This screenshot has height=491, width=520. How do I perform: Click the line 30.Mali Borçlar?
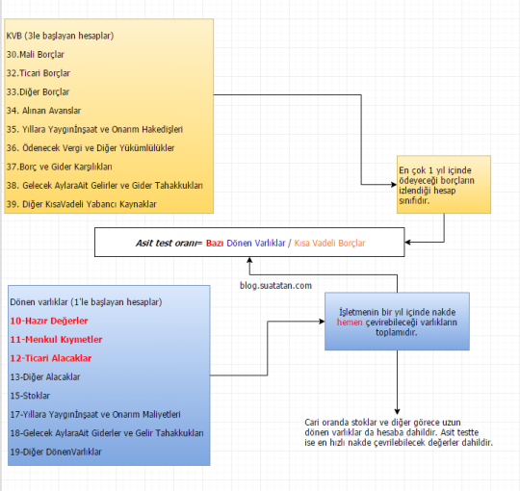pos(36,54)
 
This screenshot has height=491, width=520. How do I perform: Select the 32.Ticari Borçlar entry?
pos(39,73)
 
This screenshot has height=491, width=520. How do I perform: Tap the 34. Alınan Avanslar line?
pos(43,111)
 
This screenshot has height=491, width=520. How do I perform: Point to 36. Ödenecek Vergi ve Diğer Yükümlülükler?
pos(91,148)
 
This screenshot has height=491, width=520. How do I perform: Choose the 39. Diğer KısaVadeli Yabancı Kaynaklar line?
pos(81,204)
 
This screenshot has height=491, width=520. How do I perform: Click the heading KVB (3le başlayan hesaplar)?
pos(60,36)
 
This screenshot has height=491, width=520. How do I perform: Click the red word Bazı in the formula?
pos(215,243)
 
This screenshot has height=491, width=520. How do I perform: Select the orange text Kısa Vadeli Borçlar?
pos(329,243)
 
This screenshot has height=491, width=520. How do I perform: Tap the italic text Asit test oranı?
pos(167,243)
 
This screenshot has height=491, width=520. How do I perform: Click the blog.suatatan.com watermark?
pos(275,285)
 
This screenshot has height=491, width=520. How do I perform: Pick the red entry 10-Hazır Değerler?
pos(49,321)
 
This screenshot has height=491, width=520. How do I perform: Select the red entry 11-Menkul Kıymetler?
pos(56,340)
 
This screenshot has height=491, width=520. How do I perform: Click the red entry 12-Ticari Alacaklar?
pos(51,358)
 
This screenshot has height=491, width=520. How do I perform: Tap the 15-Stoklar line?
pos(30,396)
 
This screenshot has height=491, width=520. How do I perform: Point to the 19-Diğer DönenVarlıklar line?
pos(56,452)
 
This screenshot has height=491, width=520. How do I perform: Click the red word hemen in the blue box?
pos(350,323)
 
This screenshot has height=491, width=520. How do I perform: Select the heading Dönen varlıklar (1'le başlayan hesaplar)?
pos(86,302)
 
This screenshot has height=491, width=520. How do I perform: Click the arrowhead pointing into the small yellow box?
pos(394,184)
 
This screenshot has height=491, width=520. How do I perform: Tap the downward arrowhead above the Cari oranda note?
pos(397,412)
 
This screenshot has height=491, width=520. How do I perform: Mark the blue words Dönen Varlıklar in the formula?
pos(256,243)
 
